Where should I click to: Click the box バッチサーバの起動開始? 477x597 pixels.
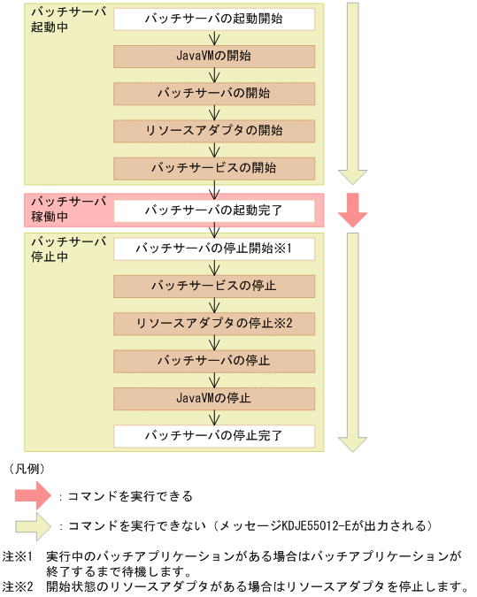(214, 18)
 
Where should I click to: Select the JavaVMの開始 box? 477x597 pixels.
(214, 56)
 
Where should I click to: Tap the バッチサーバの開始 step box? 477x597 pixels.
(214, 93)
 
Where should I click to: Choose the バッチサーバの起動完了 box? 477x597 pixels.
(214, 210)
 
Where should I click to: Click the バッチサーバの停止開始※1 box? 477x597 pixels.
(214, 248)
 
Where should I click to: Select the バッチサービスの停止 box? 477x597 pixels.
(214, 286)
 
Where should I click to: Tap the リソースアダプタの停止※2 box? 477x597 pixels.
(214, 323)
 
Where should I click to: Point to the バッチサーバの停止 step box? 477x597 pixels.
(214, 361)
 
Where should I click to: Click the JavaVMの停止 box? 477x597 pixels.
(214, 398)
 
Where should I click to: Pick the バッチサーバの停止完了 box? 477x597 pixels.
(214, 436)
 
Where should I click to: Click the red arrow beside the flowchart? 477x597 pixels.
(353, 210)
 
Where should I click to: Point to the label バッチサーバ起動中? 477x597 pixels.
(55, 20)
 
